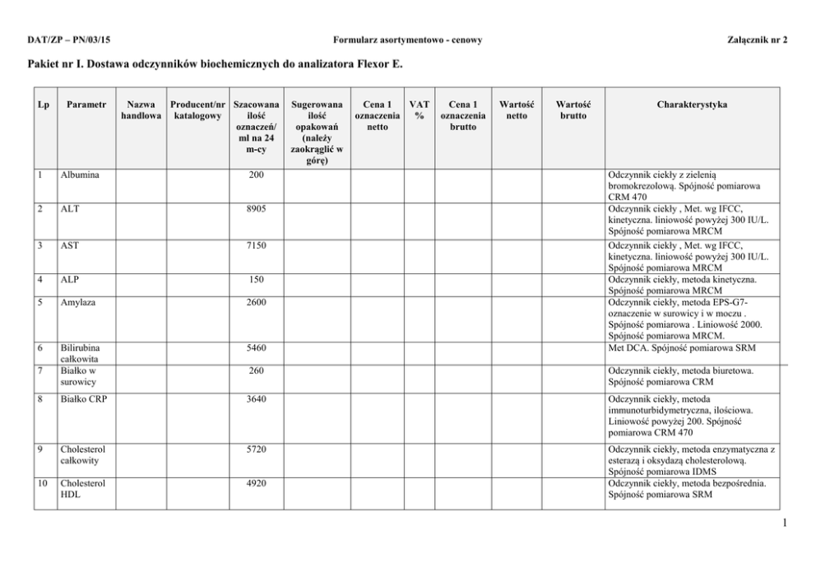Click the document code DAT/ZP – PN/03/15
[x=68, y=40]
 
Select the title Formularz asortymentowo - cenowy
[x=407, y=40]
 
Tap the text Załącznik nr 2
[x=758, y=40]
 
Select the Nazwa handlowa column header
[x=141, y=110]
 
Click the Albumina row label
[x=80, y=175]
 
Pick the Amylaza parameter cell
[x=78, y=303]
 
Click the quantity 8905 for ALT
[x=256, y=210]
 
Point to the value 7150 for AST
[x=256, y=245]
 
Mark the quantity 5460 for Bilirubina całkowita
[x=256, y=348]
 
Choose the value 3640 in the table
[x=256, y=400]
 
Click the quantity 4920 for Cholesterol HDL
[x=256, y=484]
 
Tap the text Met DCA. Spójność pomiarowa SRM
[x=680, y=348]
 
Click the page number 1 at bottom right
[x=786, y=520]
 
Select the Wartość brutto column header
[x=573, y=110]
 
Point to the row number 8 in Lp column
[x=41, y=400]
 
